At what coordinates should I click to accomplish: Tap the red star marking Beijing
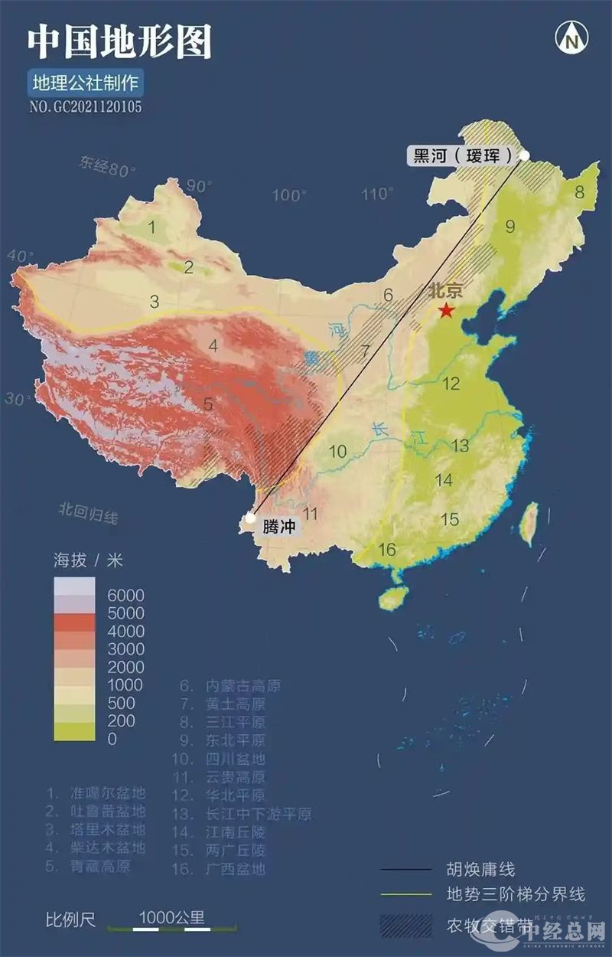pos(446,310)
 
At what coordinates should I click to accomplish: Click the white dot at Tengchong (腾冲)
pos(250,518)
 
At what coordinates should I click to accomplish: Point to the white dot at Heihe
pos(524,155)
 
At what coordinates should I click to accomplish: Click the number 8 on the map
pos(579,191)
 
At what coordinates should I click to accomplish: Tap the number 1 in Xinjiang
pos(152,227)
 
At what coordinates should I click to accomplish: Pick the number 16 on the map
pos(387,549)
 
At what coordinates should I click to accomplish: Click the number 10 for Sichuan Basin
pos(338,451)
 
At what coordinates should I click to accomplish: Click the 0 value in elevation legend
pos(112,739)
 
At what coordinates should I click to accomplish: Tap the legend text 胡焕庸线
pos(481,869)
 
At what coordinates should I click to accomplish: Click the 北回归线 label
pos(88,512)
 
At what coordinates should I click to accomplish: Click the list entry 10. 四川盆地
pos(218,759)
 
